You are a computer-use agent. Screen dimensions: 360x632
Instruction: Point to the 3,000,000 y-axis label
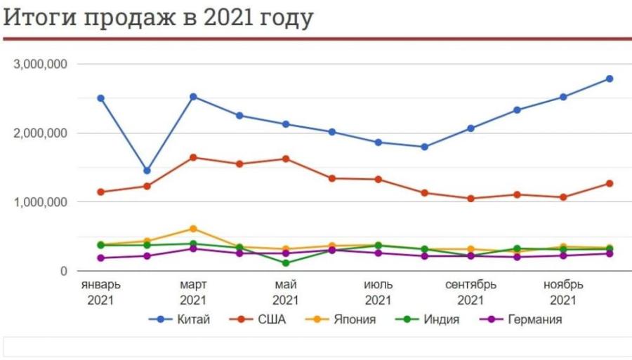(40, 65)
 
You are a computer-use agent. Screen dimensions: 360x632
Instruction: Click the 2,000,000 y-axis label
(40, 133)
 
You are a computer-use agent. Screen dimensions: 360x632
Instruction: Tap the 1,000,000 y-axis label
(40, 202)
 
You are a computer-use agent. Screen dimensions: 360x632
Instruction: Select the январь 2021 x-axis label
(101, 293)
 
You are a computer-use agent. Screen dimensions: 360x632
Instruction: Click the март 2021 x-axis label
(193, 293)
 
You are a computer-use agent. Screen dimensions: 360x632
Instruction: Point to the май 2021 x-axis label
(286, 293)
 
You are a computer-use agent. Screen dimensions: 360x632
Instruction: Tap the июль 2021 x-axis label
(378, 293)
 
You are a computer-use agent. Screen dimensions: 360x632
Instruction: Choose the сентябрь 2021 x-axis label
(470, 293)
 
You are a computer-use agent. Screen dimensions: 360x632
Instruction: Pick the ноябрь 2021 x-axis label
(563, 293)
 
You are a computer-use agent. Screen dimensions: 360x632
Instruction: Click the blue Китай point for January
(101, 98)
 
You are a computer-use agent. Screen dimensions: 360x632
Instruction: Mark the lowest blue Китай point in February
(147, 171)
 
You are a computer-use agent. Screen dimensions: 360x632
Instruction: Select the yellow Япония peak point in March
(193, 229)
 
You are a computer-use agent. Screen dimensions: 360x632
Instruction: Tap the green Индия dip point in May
(286, 263)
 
